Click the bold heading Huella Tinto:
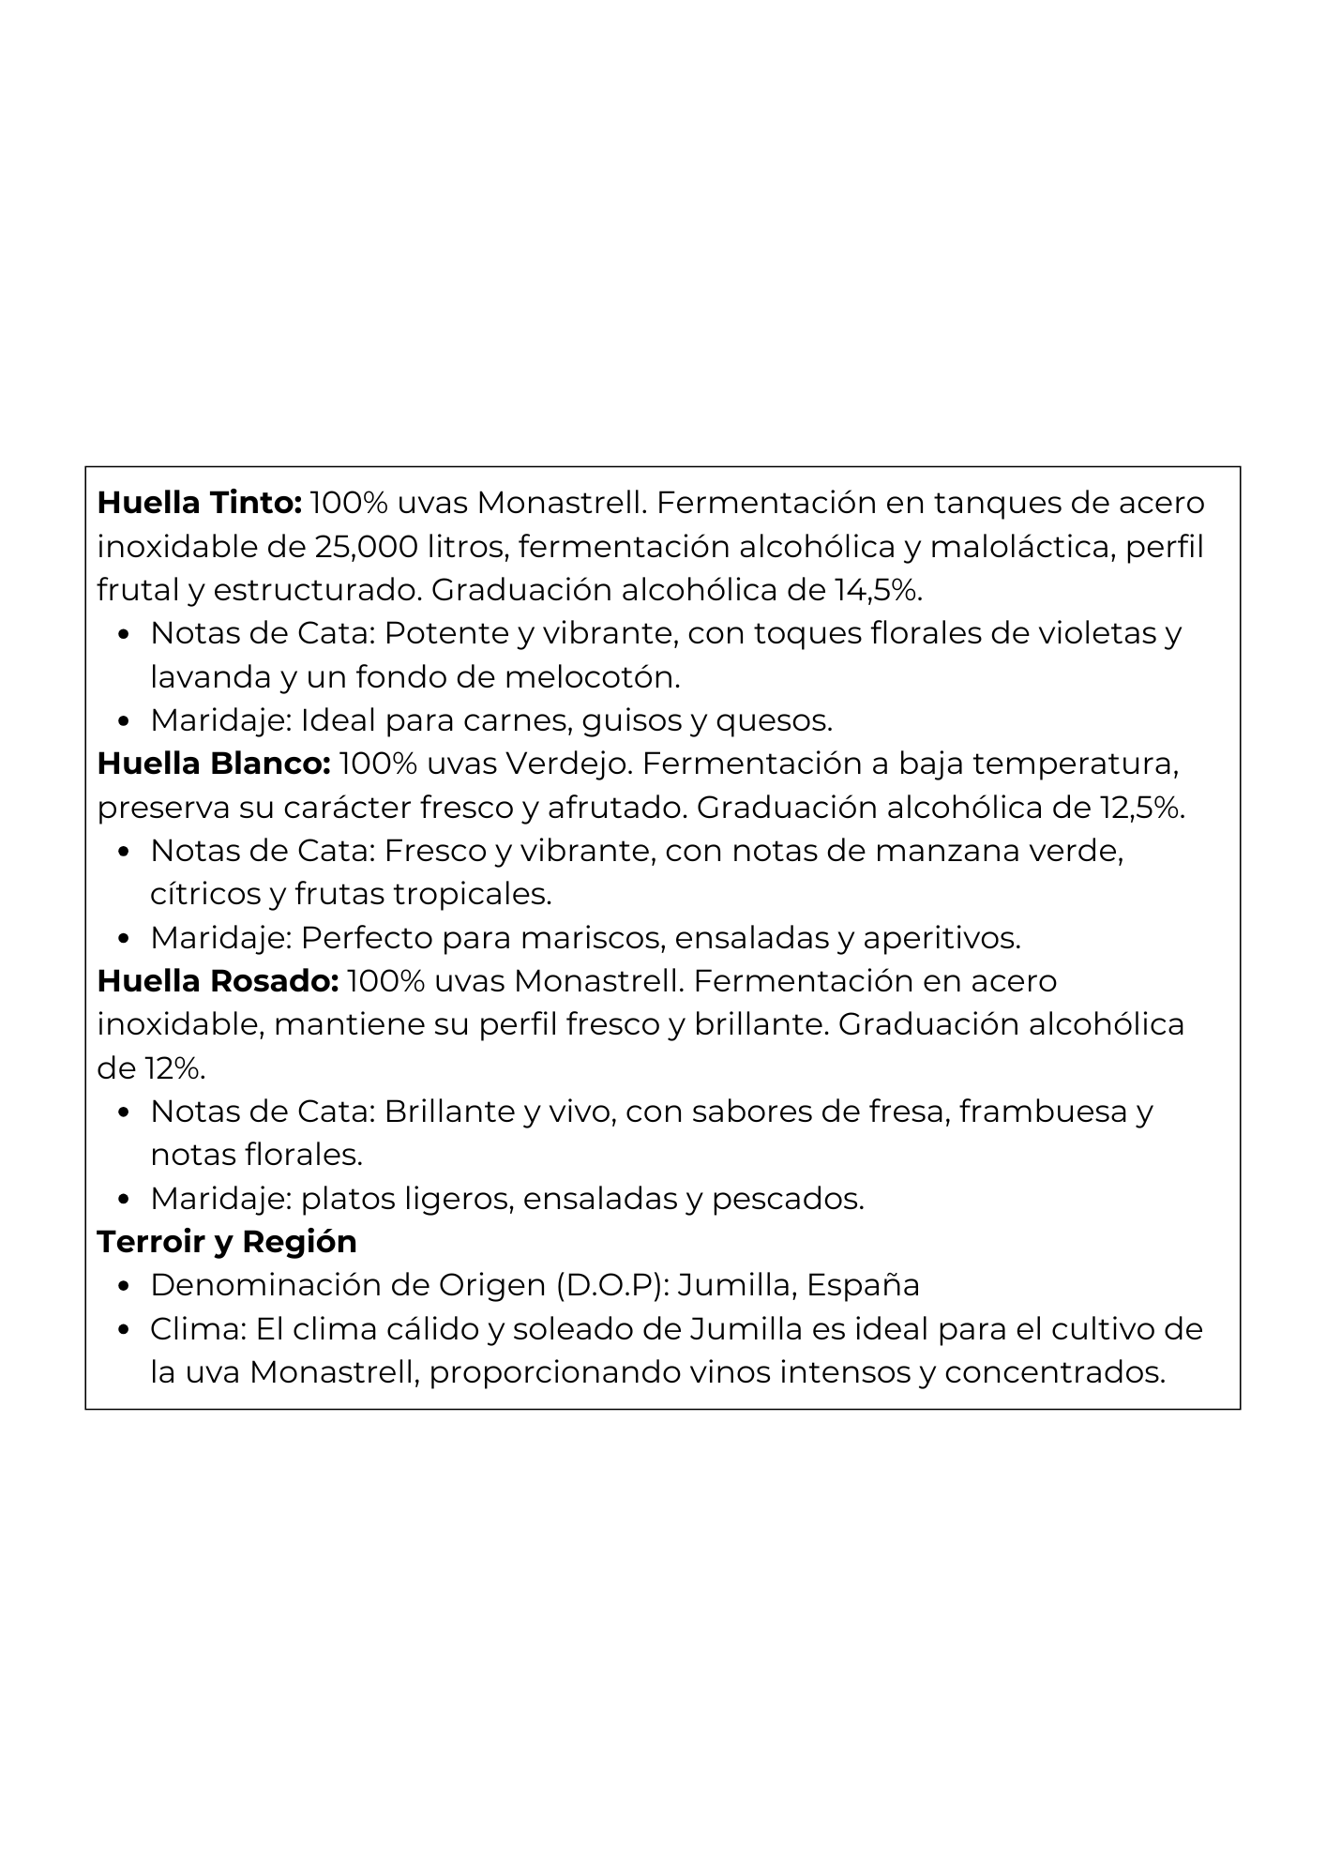199,504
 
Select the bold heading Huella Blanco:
214,764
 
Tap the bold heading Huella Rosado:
218,982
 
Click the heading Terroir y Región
227,1243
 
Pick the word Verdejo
568,764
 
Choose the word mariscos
592,938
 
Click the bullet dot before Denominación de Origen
124,1287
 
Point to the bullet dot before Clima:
124,1331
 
